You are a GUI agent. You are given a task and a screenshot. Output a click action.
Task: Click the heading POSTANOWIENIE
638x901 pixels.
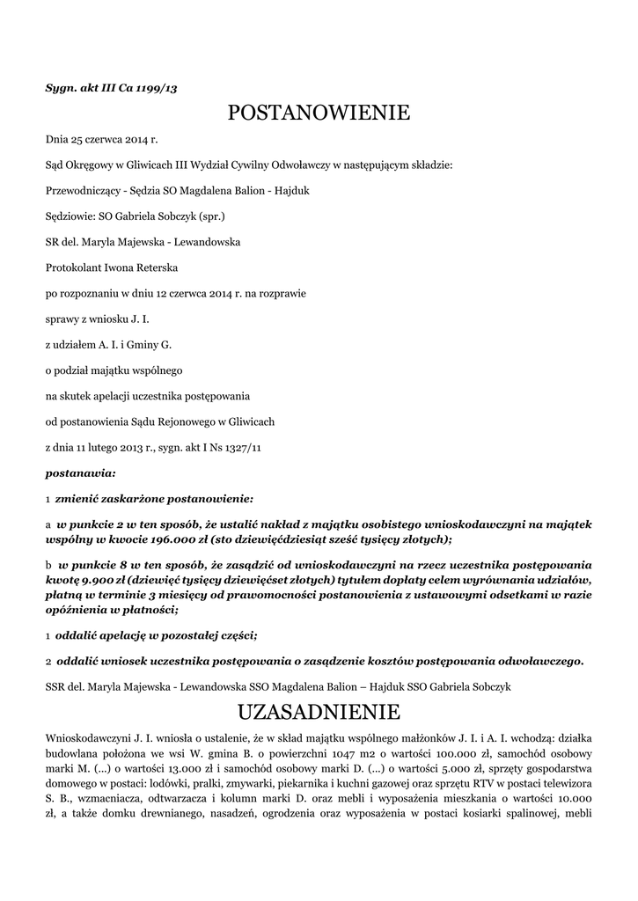pyautogui.click(x=319, y=113)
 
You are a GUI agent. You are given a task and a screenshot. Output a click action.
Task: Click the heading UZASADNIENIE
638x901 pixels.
pyautogui.click(x=319, y=711)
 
